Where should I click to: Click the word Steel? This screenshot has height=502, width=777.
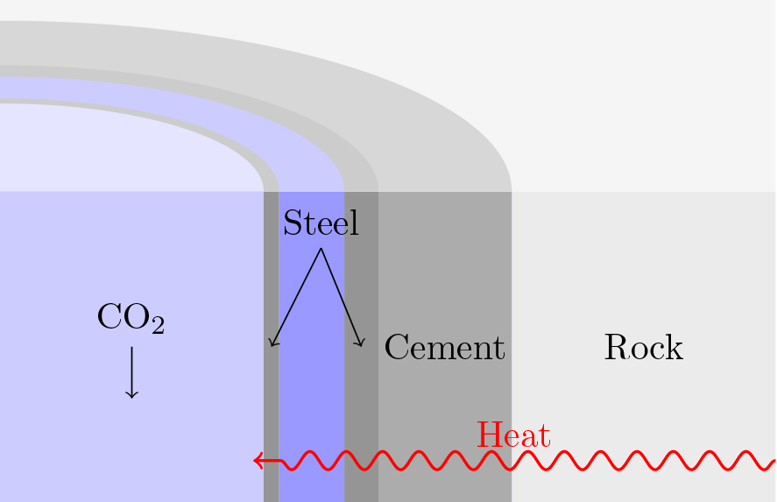(x=321, y=223)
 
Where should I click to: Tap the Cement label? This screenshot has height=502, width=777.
(x=444, y=348)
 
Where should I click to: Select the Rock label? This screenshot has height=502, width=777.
(x=643, y=348)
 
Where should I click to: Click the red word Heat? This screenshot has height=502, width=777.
(x=513, y=435)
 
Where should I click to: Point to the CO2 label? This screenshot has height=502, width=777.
(x=131, y=319)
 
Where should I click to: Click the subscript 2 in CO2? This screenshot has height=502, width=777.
(x=157, y=326)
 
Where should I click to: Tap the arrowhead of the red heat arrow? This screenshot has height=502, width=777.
(x=258, y=460)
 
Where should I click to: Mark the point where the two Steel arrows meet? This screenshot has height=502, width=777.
(x=321, y=249)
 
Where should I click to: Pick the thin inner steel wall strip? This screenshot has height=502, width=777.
(x=271, y=394)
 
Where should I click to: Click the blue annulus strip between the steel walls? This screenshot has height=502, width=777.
(x=311, y=394)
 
